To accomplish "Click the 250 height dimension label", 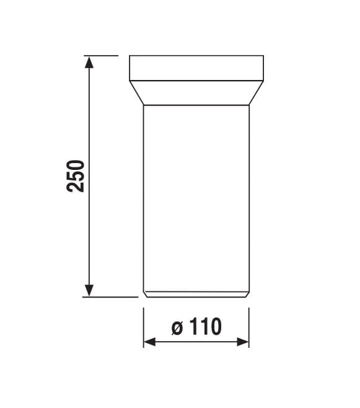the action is pyautogui.click(x=76, y=176).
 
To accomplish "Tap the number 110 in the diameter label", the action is pyautogui.click(x=205, y=326).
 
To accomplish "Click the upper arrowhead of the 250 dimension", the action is pyautogui.click(x=89, y=63).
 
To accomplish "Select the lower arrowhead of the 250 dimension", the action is pyautogui.click(x=89, y=290).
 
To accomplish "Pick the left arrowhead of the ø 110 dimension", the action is pyautogui.click(x=150, y=342).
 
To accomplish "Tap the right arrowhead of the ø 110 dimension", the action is pyautogui.click(x=243, y=342).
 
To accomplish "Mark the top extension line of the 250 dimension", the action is pyautogui.click(x=101, y=55).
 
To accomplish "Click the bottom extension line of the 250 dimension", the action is pyautogui.click(x=110, y=296).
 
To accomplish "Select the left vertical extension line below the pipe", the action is pyautogui.click(x=144, y=327).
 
